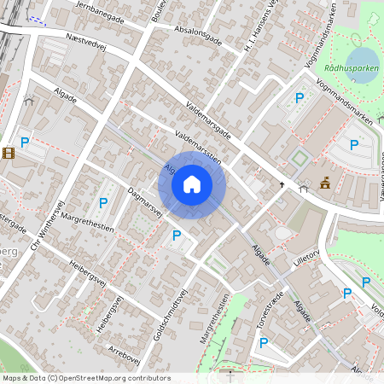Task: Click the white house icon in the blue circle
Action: (191, 183)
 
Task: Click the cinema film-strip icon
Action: (9, 154)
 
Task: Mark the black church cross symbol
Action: (282, 184)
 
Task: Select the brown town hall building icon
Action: (324, 183)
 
